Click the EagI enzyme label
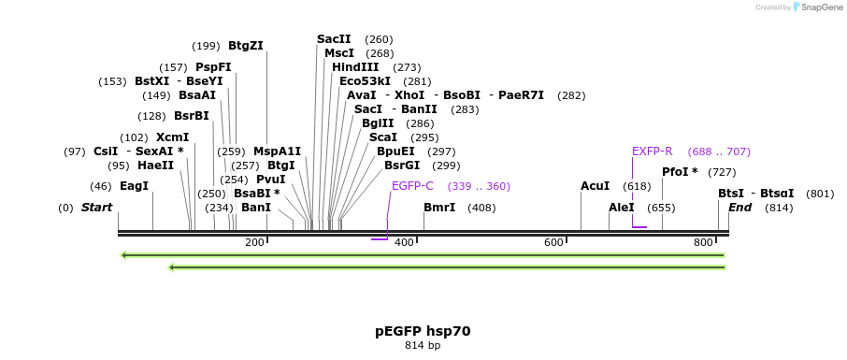[134, 186]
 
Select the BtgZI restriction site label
[246, 45]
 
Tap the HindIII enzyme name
[355, 67]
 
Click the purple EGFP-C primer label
[412, 186]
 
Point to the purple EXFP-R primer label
[652, 151]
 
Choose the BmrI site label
[439, 207]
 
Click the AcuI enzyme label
[595, 186]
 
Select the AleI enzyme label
[622, 207]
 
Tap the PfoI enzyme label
[680, 172]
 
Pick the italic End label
[739, 207]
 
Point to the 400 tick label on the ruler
[404, 242]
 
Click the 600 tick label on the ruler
[553, 242]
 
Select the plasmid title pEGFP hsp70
[423, 330]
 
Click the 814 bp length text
[423, 345]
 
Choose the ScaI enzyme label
[383, 137]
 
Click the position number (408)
[481, 207]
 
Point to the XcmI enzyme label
[172, 137]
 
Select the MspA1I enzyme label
[277, 151]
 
